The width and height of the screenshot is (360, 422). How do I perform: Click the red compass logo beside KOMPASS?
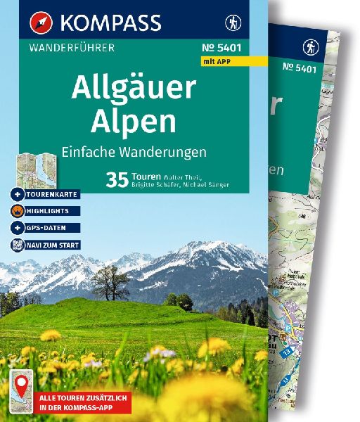(x=41, y=23)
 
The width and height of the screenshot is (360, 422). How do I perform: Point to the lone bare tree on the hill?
(x=110, y=283)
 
